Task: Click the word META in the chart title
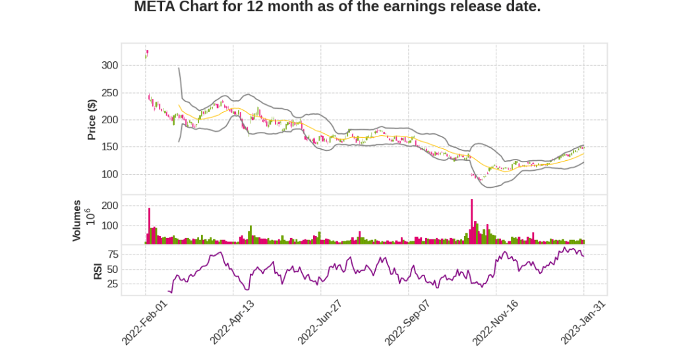click(x=154, y=7)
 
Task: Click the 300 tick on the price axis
click(x=109, y=65)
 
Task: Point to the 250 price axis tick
click(x=109, y=93)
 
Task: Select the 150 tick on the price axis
click(x=109, y=147)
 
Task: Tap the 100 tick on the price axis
click(x=109, y=174)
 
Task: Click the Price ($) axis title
click(x=92, y=119)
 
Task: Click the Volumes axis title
click(x=77, y=220)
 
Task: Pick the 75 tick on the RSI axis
click(x=112, y=255)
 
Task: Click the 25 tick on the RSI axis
click(x=112, y=284)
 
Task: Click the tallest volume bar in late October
click(x=472, y=222)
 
